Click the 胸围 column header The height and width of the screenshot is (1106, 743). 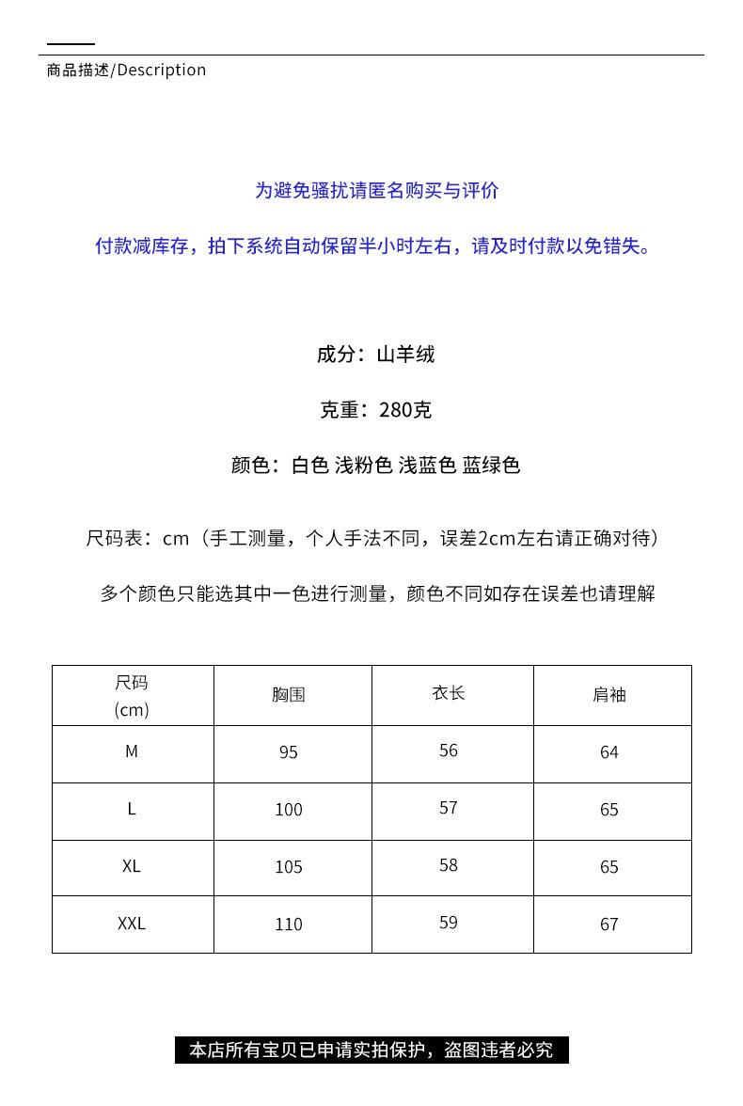289,695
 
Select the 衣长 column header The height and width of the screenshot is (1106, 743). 449,693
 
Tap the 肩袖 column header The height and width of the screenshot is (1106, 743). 609,695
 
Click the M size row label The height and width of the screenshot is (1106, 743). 132,751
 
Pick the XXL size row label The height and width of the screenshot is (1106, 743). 132,924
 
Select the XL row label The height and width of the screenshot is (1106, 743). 132,866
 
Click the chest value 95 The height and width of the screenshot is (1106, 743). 289,752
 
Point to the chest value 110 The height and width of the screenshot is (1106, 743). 289,924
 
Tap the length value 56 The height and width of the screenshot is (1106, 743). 449,750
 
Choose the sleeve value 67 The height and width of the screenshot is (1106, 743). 609,924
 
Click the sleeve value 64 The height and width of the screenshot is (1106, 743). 609,752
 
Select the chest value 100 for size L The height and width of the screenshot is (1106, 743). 289,810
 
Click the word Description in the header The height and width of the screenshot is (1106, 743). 162,71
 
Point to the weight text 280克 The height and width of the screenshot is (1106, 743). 405,410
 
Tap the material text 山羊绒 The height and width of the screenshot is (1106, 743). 405,355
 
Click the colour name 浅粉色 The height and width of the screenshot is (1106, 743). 363,466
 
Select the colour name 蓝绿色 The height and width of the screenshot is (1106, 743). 491,466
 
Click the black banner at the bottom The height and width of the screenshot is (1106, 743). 371,1050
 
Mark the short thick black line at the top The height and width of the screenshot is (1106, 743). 71,43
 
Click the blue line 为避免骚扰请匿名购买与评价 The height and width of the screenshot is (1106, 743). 376,191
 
